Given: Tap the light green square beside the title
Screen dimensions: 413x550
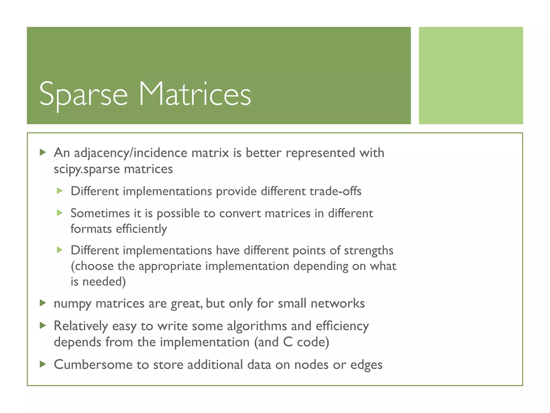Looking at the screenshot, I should point(471,75).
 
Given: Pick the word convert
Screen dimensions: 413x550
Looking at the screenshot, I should point(240,213).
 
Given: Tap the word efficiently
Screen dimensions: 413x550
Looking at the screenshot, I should point(141,229).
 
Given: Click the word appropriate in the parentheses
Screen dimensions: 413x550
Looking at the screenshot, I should point(170,266).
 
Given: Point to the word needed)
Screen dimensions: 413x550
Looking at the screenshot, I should point(104,282).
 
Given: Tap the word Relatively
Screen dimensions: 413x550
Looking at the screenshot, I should point(81,326).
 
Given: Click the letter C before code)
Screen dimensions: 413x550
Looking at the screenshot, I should point(288,342).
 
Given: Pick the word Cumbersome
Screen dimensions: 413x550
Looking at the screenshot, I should point(93,365).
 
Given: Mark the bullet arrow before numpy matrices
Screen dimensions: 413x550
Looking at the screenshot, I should point(43,303).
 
